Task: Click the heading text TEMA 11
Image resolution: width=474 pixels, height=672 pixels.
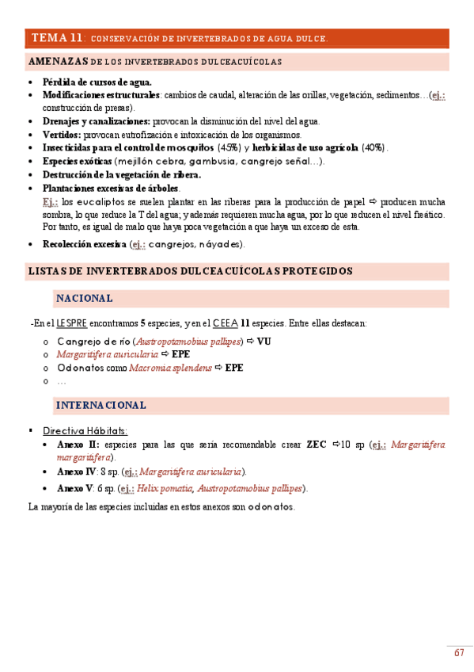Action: (57, 38)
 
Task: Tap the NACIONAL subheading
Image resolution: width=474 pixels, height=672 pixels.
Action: (84, 299)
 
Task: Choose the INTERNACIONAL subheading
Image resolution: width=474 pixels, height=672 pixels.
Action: (100, 405)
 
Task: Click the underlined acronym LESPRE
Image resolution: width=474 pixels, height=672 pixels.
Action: (71, 323)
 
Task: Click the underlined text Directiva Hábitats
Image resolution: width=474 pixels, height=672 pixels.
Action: (85, 431)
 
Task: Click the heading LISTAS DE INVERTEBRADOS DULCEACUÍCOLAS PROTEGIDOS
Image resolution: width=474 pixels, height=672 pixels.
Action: (190, 272)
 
